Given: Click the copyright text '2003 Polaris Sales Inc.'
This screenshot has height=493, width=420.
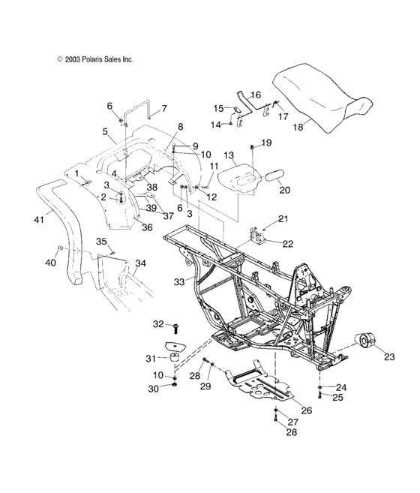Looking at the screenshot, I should [94, 58].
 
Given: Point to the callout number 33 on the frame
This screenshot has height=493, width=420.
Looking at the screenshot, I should [178, 281].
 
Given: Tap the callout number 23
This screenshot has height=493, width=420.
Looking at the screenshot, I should [388, 358].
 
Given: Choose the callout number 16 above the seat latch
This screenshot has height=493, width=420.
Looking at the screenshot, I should [255, 95].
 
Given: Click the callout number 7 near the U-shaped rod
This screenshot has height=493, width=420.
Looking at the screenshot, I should [164, 108].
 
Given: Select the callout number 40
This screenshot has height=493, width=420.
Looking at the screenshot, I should [51, 263].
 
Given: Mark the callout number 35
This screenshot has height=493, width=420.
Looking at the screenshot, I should [101, 241].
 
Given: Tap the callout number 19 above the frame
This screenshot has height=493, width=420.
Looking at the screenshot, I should [266, 143].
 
